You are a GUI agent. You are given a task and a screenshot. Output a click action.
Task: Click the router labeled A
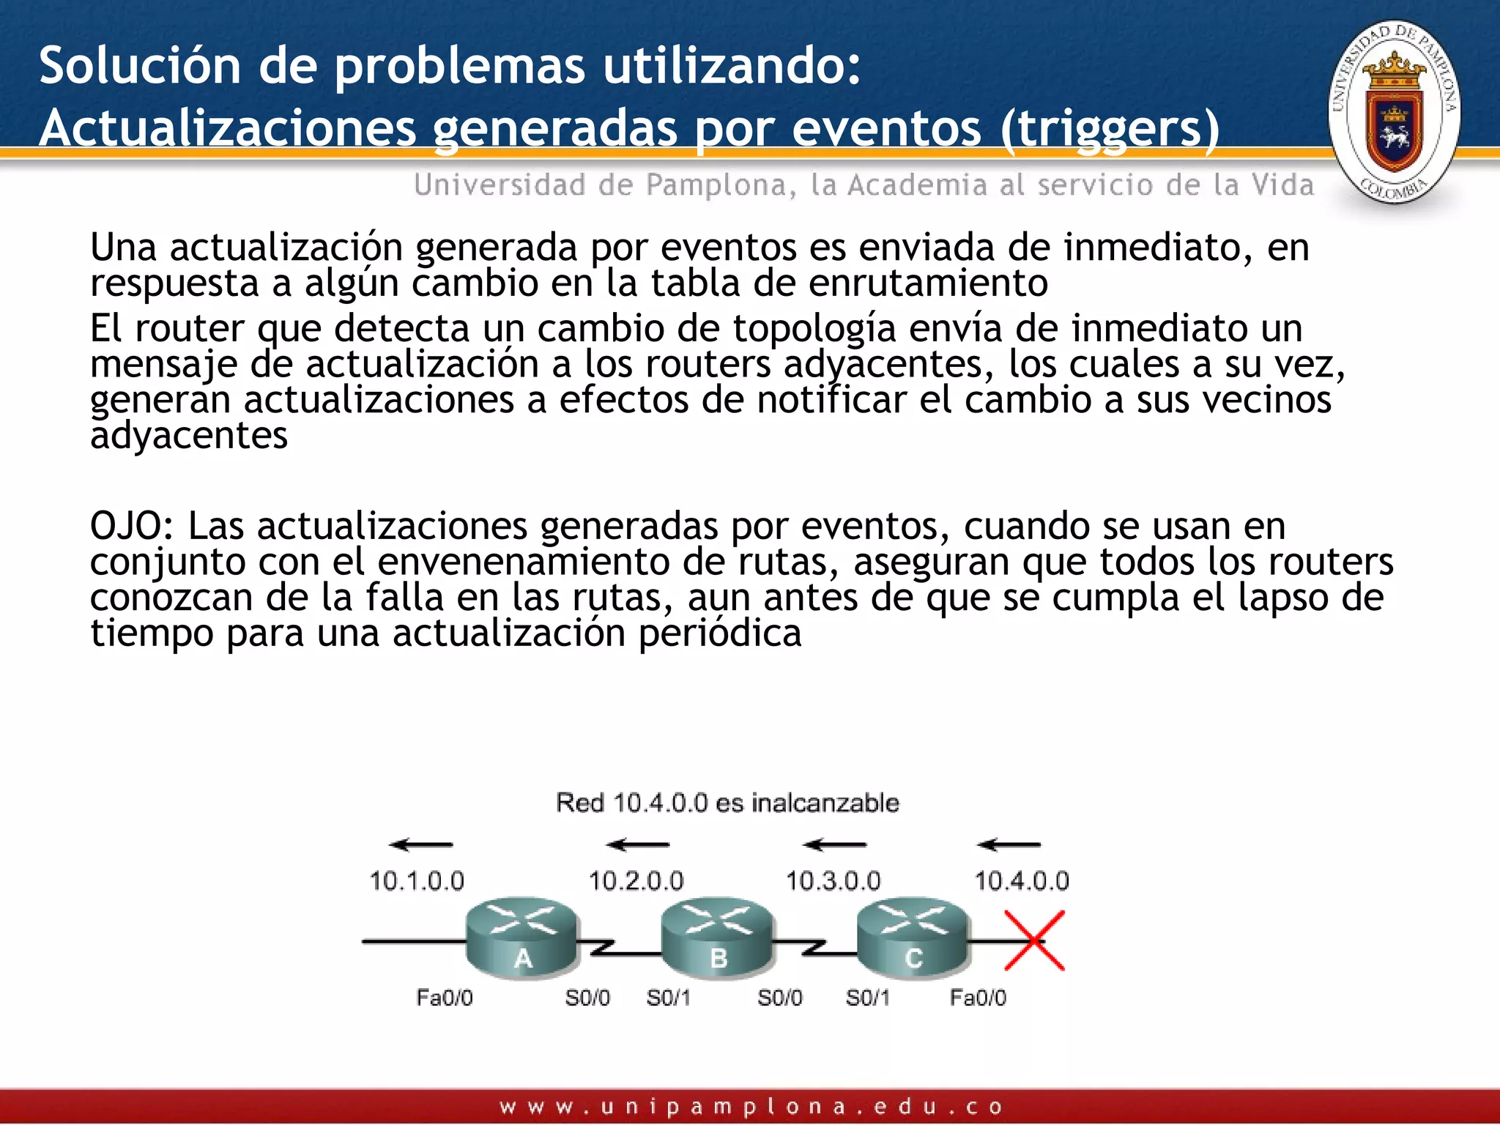pos(522,937)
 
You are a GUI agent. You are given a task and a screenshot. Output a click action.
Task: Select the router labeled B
pos(717,937)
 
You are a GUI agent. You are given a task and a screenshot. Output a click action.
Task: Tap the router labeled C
pos(913,937)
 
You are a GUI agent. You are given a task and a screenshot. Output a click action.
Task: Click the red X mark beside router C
pos(1034,940)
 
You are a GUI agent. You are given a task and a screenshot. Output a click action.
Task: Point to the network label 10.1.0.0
pos(417,880)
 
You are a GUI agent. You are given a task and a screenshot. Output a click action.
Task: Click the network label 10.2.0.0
pos(636,880)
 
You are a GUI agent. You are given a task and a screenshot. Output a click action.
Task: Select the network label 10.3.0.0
pos(833,880)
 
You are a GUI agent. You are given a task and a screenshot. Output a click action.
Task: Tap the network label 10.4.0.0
pos(1021,880)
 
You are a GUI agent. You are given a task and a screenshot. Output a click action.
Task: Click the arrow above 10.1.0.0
pos(421,844)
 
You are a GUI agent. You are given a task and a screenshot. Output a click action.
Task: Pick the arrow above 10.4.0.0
pos(1009,844)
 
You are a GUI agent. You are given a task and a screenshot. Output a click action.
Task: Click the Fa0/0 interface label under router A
pos(445,998)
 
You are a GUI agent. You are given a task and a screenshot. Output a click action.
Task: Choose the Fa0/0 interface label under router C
pos(978,998)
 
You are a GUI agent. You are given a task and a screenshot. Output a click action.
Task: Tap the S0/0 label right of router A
pos(587,998)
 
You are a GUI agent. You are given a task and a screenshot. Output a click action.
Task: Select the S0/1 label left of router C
pos(868,998)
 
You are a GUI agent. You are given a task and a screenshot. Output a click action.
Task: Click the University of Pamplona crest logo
pos(1395,112)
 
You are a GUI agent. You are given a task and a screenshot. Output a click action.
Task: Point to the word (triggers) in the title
pos(1110,129)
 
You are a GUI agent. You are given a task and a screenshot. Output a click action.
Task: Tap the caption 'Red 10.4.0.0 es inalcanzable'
pos(727,803)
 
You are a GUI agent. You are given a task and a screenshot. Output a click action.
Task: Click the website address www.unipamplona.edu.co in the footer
pos(751,1107)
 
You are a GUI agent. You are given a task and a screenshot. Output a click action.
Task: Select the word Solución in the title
pos(140,66)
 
